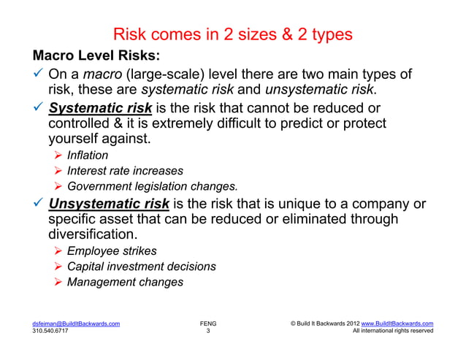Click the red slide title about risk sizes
point(233,34)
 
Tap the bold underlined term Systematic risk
point(100,109)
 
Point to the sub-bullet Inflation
point(88,156)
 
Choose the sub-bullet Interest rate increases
point(126,171)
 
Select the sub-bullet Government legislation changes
point(162,186)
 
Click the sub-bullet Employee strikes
point(111,251)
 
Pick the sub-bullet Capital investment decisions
point(141,267)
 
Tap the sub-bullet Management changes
point(125,282)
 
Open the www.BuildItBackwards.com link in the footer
point(395,322)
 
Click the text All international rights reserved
point(392,331)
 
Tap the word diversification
point(91,235)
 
